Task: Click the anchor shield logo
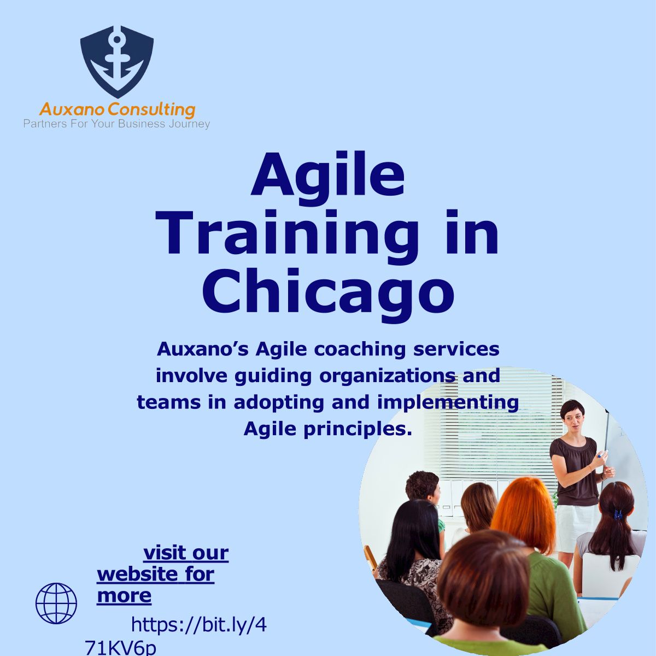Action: click(117, 62)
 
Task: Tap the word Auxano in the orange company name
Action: click(73, 110)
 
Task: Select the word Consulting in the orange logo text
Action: click(152, 110)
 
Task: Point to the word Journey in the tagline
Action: click(189, 124)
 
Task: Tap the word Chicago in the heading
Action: click(328, 292)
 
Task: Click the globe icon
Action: click(56, 603)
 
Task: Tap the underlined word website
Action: click(137, 575)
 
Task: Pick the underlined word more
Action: click(124, 596)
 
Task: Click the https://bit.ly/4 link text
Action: click(199, 625)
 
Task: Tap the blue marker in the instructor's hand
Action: click(602, 453)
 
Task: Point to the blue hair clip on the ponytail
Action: click(618, 515)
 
